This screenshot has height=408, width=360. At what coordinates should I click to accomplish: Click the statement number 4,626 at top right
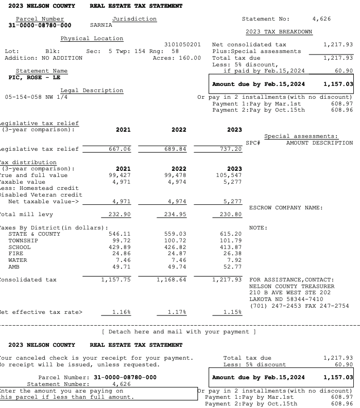(322, 19)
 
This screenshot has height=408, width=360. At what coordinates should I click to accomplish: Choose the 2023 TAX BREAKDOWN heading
(282, 32)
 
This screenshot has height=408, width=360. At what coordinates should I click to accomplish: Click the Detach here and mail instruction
(179, 331)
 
